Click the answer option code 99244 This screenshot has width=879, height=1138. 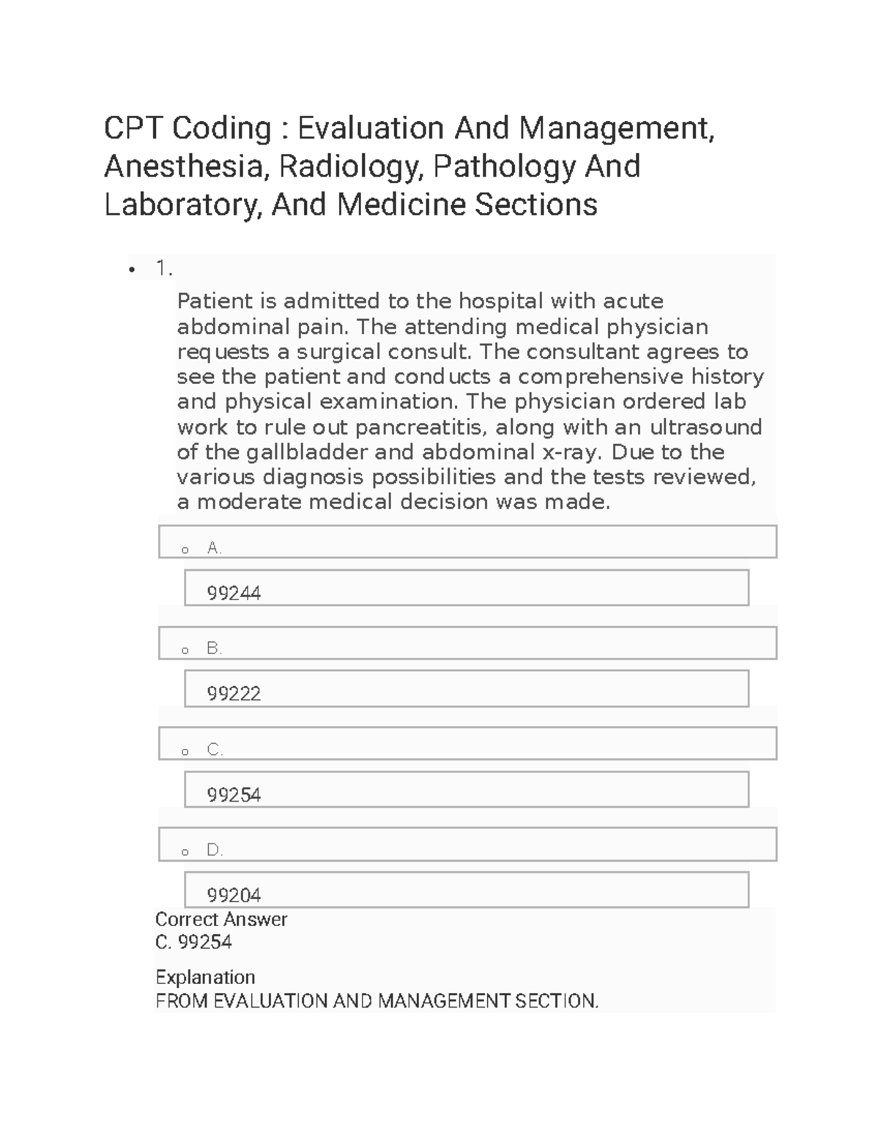point(234,593)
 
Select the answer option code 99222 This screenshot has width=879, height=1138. point(234,693)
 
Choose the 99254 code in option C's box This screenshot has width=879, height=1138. point(234,794)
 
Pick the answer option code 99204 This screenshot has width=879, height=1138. point(234,895)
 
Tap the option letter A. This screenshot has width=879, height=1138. point(214,547)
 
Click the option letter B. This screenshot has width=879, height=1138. point(214,648)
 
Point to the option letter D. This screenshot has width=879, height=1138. point(214,850)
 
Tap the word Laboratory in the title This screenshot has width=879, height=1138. point(182,204)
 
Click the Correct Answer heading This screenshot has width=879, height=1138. point(221,919)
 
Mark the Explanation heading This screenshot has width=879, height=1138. point(205,977)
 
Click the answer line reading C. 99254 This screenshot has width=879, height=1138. point(193,942)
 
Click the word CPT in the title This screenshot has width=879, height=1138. point(135,129)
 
